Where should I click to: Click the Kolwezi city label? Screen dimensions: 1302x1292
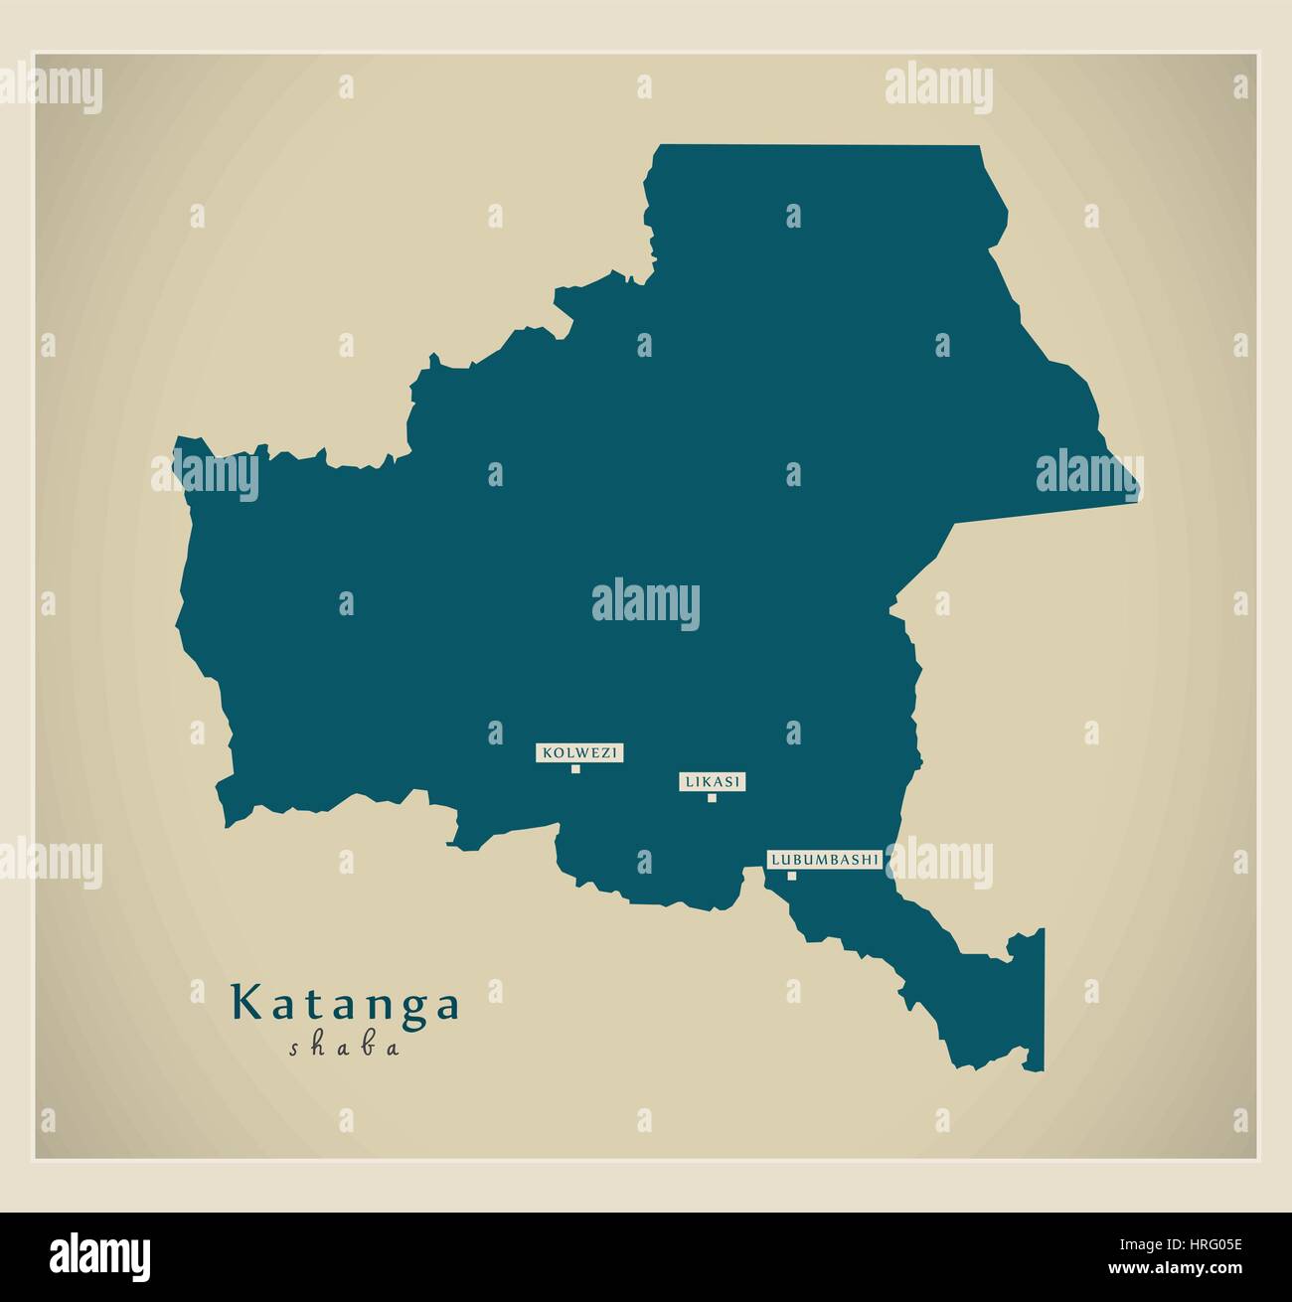579,753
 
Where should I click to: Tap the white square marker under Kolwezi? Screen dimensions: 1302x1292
575,768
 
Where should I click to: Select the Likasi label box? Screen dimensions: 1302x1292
712,782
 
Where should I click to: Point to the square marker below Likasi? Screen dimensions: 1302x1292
712,797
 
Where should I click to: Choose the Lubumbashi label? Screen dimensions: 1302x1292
824,859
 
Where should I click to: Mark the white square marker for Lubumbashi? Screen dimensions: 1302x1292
792,876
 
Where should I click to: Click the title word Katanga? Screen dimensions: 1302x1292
346,1005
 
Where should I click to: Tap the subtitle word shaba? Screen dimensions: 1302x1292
345,1048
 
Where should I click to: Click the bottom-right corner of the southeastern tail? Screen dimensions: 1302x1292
1043,1070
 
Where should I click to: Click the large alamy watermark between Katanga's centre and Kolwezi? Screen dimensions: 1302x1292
646,602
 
